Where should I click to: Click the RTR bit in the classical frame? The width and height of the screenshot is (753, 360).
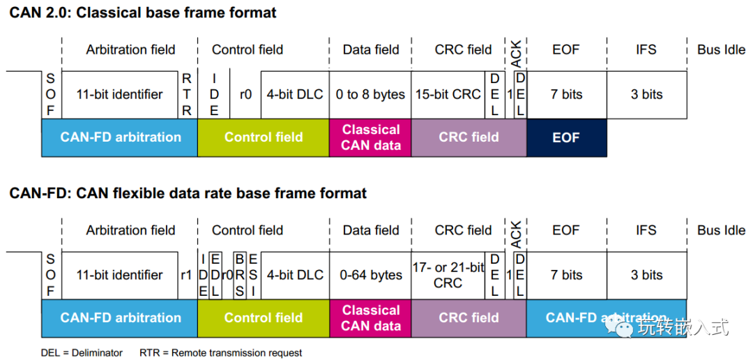click(188, 95)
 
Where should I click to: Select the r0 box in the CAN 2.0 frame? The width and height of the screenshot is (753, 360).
click(245, 95)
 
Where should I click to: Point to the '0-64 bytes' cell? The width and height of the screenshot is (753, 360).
click(371, 276)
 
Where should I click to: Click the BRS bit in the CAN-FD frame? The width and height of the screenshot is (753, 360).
click(240, 276)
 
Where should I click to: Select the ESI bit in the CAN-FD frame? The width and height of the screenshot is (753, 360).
click(252, 276)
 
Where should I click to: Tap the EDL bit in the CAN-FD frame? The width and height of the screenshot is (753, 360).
click(216, 276)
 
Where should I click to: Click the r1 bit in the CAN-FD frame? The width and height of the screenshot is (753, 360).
click(187, 276)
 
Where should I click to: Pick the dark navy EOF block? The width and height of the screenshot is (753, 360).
click(567, 137)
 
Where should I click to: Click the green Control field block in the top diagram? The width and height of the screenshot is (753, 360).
click(263, 137)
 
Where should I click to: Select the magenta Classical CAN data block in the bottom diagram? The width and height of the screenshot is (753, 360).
click(370, 318)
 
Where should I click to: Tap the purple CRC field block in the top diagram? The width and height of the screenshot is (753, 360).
click(469, 137)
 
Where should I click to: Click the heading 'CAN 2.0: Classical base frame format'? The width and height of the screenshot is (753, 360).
click(143, 13)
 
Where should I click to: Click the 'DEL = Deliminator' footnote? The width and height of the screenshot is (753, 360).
click(82, 353)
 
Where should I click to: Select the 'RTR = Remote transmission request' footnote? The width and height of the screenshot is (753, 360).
click(220, 353)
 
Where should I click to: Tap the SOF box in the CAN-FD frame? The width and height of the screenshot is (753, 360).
click(51, 276)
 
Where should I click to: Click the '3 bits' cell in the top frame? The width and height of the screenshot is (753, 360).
click(646, 95)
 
